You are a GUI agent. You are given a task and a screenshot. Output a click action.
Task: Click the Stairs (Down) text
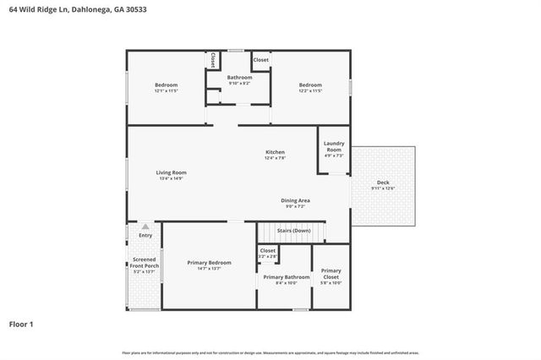tap(293, 230)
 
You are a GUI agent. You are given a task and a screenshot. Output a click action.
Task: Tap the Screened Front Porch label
tap(144, 265)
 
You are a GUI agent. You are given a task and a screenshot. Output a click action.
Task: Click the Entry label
tap(145, 236)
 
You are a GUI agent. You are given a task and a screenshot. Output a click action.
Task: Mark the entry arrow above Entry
tap(145, 226)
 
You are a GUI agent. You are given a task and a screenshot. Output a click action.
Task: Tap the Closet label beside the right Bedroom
tap(261, 60)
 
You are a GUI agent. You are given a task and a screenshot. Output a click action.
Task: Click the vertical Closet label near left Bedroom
tap(213, 61)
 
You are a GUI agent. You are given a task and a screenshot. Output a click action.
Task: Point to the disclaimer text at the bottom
tap(270, 352)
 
